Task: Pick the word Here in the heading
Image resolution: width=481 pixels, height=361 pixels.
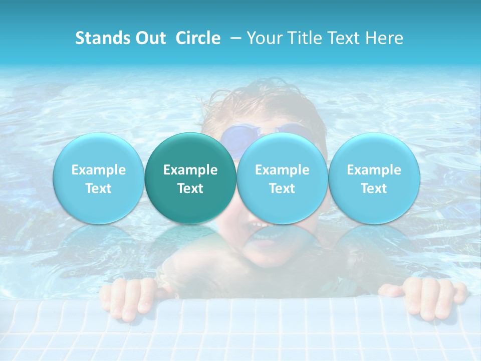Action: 384,38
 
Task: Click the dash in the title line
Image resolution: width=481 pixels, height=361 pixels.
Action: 233,38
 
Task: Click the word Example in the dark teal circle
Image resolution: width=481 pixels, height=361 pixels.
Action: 190,170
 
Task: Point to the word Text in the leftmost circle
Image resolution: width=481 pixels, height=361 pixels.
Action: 99,189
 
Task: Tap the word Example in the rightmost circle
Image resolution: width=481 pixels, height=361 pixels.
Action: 374,170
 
